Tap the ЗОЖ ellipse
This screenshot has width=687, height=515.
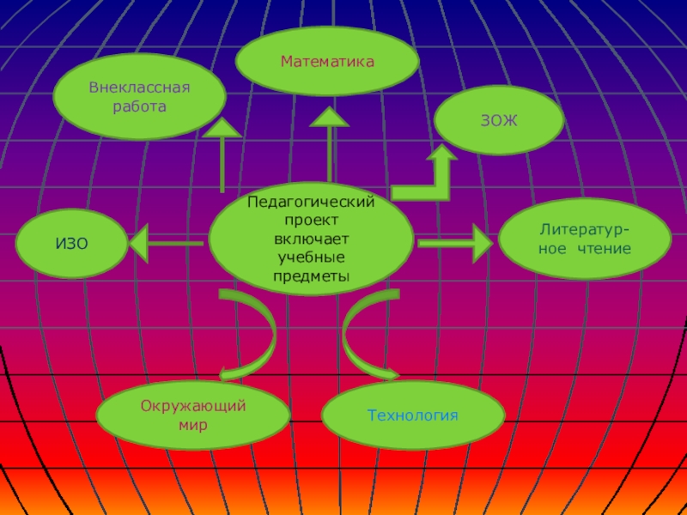pos(498,122)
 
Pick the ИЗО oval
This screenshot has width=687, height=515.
pos(72,244)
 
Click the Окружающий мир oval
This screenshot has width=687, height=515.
pos(193,415)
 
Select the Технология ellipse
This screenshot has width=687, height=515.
pos(413,415)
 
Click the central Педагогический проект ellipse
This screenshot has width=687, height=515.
pos(311,239)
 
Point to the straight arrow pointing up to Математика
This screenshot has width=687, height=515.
pos(329,146)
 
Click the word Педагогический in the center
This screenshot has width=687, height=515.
pos(311,203)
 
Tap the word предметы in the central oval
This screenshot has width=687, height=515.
pos(311,276)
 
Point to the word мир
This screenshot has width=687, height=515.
pos(193,424)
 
